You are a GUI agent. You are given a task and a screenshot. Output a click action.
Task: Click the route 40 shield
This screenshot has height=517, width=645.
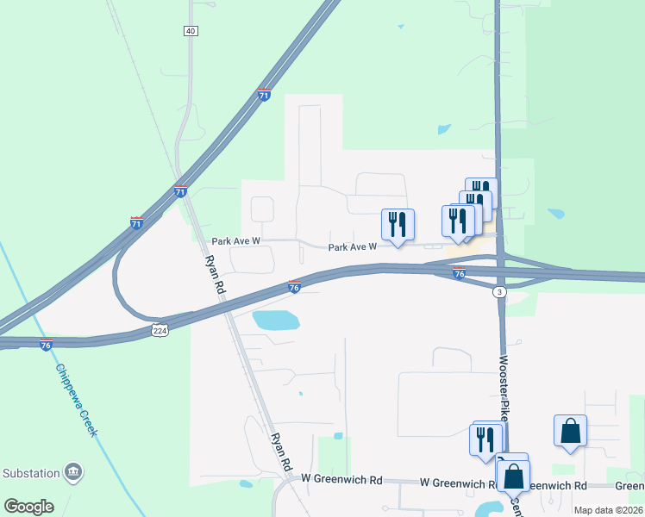190,31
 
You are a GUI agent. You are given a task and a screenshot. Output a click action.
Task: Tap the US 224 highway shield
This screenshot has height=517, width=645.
160,330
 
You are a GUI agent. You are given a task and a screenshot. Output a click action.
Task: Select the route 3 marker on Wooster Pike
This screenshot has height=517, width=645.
499,293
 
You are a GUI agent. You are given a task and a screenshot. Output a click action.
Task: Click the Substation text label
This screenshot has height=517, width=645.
32,473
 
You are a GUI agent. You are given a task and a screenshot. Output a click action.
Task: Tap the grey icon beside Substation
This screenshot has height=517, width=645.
74,472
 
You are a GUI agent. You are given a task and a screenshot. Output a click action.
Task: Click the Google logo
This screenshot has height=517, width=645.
29,507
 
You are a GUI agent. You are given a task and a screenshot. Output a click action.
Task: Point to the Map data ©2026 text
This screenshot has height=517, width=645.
609,510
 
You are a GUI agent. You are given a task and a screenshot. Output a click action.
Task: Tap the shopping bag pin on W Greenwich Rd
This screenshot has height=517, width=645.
513,475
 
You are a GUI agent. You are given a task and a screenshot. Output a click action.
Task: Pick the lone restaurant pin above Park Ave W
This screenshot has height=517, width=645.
398,224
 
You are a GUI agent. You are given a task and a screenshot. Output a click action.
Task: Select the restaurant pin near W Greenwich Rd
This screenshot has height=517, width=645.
485,438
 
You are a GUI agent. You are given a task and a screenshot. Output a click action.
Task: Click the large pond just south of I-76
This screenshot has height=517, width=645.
275,321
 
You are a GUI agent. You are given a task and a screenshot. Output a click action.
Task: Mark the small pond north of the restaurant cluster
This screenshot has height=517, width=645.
444,130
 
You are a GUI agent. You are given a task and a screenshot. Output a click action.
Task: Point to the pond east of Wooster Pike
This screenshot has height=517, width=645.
556,214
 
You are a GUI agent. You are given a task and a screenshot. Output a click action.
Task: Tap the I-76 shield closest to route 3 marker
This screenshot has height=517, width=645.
459,273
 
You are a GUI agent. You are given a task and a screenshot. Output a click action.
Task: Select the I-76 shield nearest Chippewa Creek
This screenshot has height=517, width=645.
46,344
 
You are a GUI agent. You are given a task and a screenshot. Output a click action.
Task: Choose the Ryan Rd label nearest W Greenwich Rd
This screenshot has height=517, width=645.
280,451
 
